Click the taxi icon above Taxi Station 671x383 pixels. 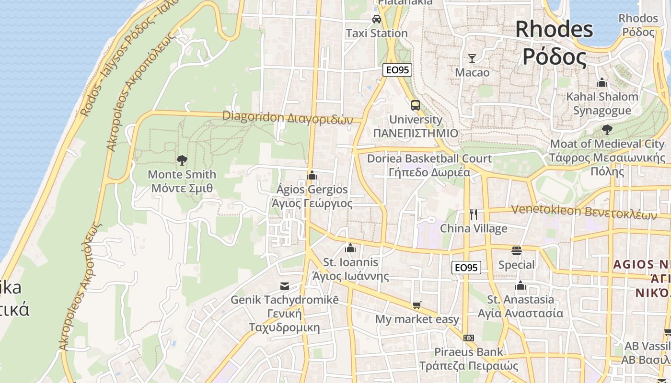coord(377,19)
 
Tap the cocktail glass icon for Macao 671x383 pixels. coord(472,58)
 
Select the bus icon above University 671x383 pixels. coord(415,105)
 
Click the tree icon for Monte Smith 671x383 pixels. coord(182,160)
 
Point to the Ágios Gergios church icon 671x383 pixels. coord(312,175)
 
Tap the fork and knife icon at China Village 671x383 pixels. coord(474,214)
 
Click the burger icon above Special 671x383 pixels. coord(516,251)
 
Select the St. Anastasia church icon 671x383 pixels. coord(521,286)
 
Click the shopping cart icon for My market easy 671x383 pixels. coord(417,305)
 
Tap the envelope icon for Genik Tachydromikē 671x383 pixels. coord(285,286)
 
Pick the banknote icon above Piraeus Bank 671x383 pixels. coord(469,338)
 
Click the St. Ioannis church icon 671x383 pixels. coord(350,248)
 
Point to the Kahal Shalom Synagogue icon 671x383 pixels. coord(602,82)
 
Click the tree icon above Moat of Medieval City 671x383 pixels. coord(607,129)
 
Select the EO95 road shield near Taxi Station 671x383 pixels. coord(397,70)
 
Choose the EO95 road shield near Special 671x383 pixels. coord(466,268)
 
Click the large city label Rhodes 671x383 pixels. coord(554,30)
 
